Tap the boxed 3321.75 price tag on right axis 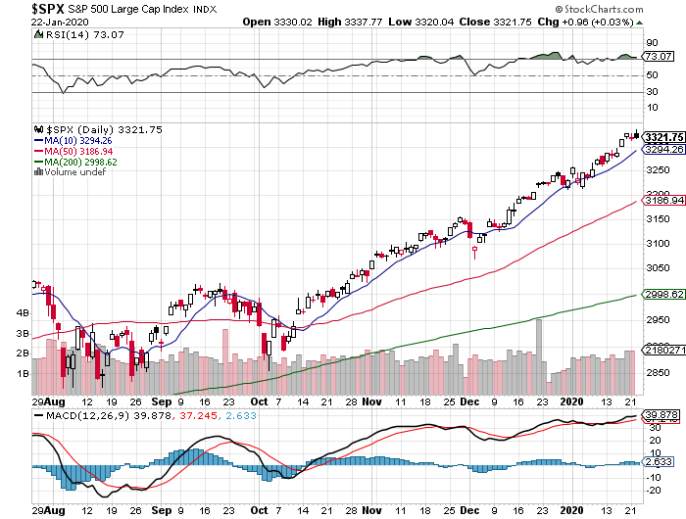662,136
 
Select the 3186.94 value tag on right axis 662,200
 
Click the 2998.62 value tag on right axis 662,294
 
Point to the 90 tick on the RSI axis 651,43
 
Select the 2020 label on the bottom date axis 570,401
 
